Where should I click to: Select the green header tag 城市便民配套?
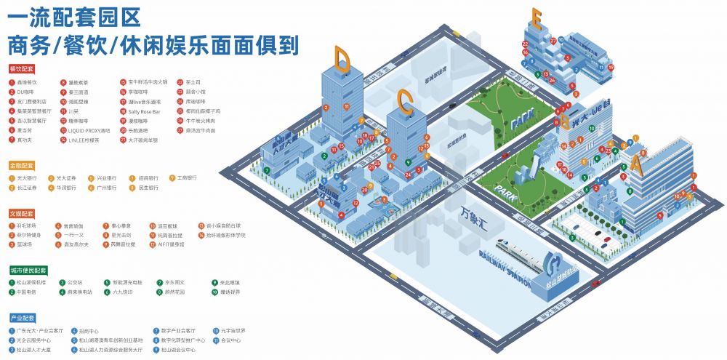(x=27, y=270)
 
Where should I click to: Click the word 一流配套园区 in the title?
(x=73, y=16)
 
